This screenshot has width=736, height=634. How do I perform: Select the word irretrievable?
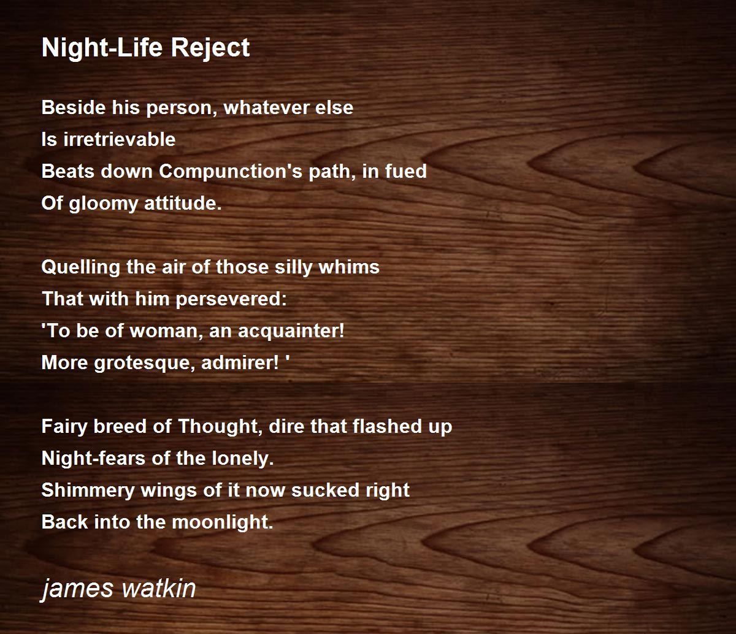point(120,139)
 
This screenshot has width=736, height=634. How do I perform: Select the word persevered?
point(231,300)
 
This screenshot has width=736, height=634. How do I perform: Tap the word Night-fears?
point(93,459)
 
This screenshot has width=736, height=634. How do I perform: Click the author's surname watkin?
point(159,588)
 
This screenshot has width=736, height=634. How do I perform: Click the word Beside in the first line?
point(74,107)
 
